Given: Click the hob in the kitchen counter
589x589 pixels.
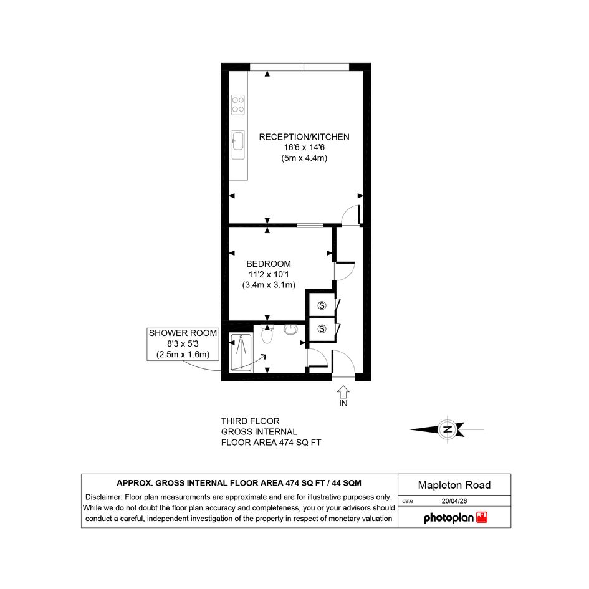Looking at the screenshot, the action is tap(237, 105).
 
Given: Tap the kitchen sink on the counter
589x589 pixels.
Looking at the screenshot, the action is tap(237, 145).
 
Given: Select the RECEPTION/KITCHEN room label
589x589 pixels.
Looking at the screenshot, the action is tap(304, 137).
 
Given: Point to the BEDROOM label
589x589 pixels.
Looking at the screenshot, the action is tap(269, 264).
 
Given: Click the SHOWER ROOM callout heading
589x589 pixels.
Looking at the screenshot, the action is tap(183, 333).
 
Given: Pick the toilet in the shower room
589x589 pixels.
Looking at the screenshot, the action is tap(267, 334).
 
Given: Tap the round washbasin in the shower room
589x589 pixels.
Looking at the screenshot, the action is tap(290, 330).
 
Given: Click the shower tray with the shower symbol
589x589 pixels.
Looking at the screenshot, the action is tap(241, 352).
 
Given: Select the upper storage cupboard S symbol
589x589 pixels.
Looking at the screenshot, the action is tap(322, 305).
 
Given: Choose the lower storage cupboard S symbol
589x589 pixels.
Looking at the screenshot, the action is tap(322, 329).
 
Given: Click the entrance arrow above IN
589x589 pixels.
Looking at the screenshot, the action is tap(343, 392).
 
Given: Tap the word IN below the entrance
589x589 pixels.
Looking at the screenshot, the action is tap(343, 403).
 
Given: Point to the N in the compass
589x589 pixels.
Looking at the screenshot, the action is tap(448, 429).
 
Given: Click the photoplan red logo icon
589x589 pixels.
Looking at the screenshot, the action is tap(482, 517).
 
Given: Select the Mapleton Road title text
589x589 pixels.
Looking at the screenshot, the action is tap(454, 485).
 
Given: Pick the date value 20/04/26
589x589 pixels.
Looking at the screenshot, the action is tap(454, 501).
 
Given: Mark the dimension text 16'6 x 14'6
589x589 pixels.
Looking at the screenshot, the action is tap(304, 148).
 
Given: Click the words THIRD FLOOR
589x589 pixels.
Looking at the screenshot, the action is tap(250, 421).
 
